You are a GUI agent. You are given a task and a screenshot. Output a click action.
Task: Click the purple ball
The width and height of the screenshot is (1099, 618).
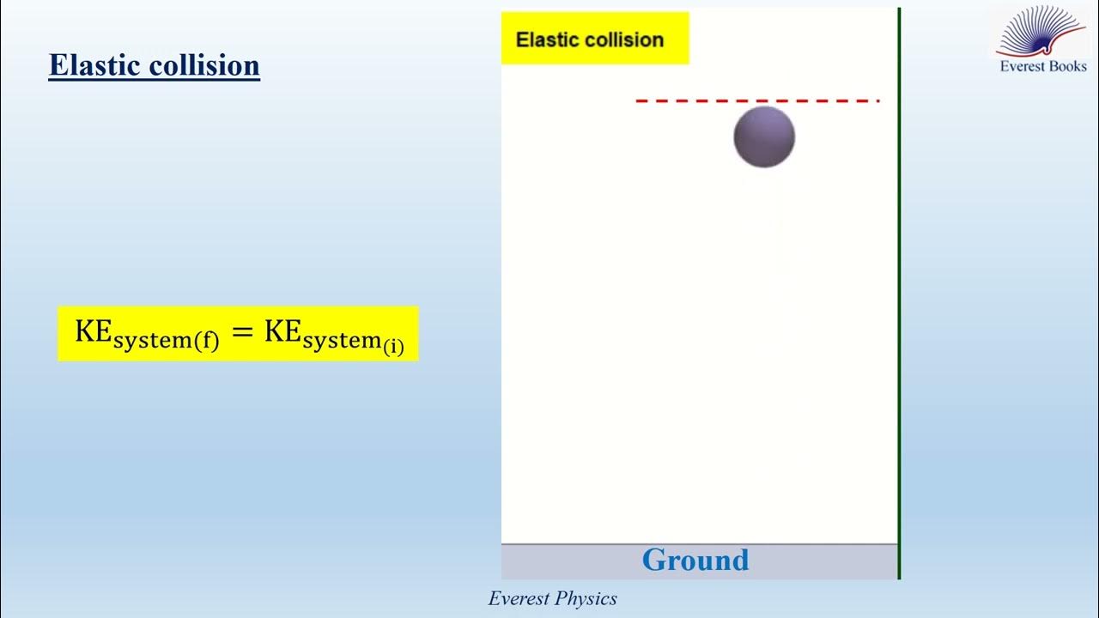pyautogui.click(x=764, y=136)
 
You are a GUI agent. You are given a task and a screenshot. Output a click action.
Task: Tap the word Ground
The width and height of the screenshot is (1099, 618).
pyautogui.click(x=695, y=560)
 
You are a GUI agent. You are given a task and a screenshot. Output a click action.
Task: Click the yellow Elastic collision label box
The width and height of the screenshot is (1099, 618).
pyautogui.click(x=595, y=38)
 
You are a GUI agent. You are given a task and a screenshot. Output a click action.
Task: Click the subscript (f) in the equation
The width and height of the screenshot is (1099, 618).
pyautogui.click(x=206, y=341)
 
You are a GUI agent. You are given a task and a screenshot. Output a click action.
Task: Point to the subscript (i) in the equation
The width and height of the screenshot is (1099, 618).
pyautogui.click(x=393, y=347)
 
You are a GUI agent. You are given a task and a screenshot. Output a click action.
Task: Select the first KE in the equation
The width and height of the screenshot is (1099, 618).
pyautogui.click(x=93, y=331)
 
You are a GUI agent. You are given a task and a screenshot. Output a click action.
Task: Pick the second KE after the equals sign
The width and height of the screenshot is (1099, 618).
pyautogui.click(x=282, y=331)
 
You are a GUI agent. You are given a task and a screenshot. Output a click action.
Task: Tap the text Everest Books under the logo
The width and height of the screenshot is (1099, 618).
pyautogui.click(x=1043, y=66)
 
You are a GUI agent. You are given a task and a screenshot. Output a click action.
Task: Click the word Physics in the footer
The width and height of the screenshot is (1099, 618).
pyautogui.click(x=587, y=598)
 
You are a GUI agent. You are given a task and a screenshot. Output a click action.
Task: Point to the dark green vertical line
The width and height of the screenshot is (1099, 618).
pyautogui.click(x=899, y=292)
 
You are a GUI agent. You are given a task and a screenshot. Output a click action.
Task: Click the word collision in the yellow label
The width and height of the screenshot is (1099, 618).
pyautogui.click(x=626, y=39)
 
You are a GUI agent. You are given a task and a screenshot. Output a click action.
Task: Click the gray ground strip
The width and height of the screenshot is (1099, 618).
pyautogui.click(x=567, y=561)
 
